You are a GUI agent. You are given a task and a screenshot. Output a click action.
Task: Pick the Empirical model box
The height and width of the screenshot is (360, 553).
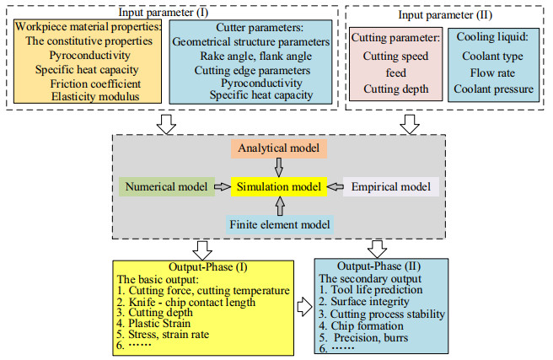point(389,186)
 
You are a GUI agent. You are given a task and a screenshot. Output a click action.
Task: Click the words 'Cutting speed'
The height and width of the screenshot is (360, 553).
point(394,56)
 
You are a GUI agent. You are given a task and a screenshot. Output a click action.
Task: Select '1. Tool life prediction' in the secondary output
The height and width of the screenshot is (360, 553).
point(367,289)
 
